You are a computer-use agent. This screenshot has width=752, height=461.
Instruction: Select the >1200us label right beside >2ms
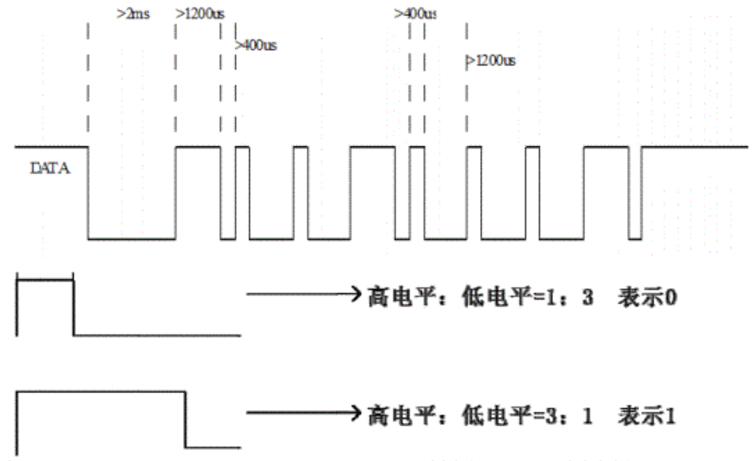click(199, 15)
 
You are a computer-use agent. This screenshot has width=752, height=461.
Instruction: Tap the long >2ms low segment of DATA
click(131, 238)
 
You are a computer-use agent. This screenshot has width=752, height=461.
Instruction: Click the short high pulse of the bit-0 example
click(44, 279)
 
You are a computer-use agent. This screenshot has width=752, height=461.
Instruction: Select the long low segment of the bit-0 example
click(157, 334)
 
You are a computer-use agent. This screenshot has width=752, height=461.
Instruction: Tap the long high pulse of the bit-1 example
click(102, 393)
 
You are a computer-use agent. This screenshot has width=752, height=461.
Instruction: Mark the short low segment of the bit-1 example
click(214, 449)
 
